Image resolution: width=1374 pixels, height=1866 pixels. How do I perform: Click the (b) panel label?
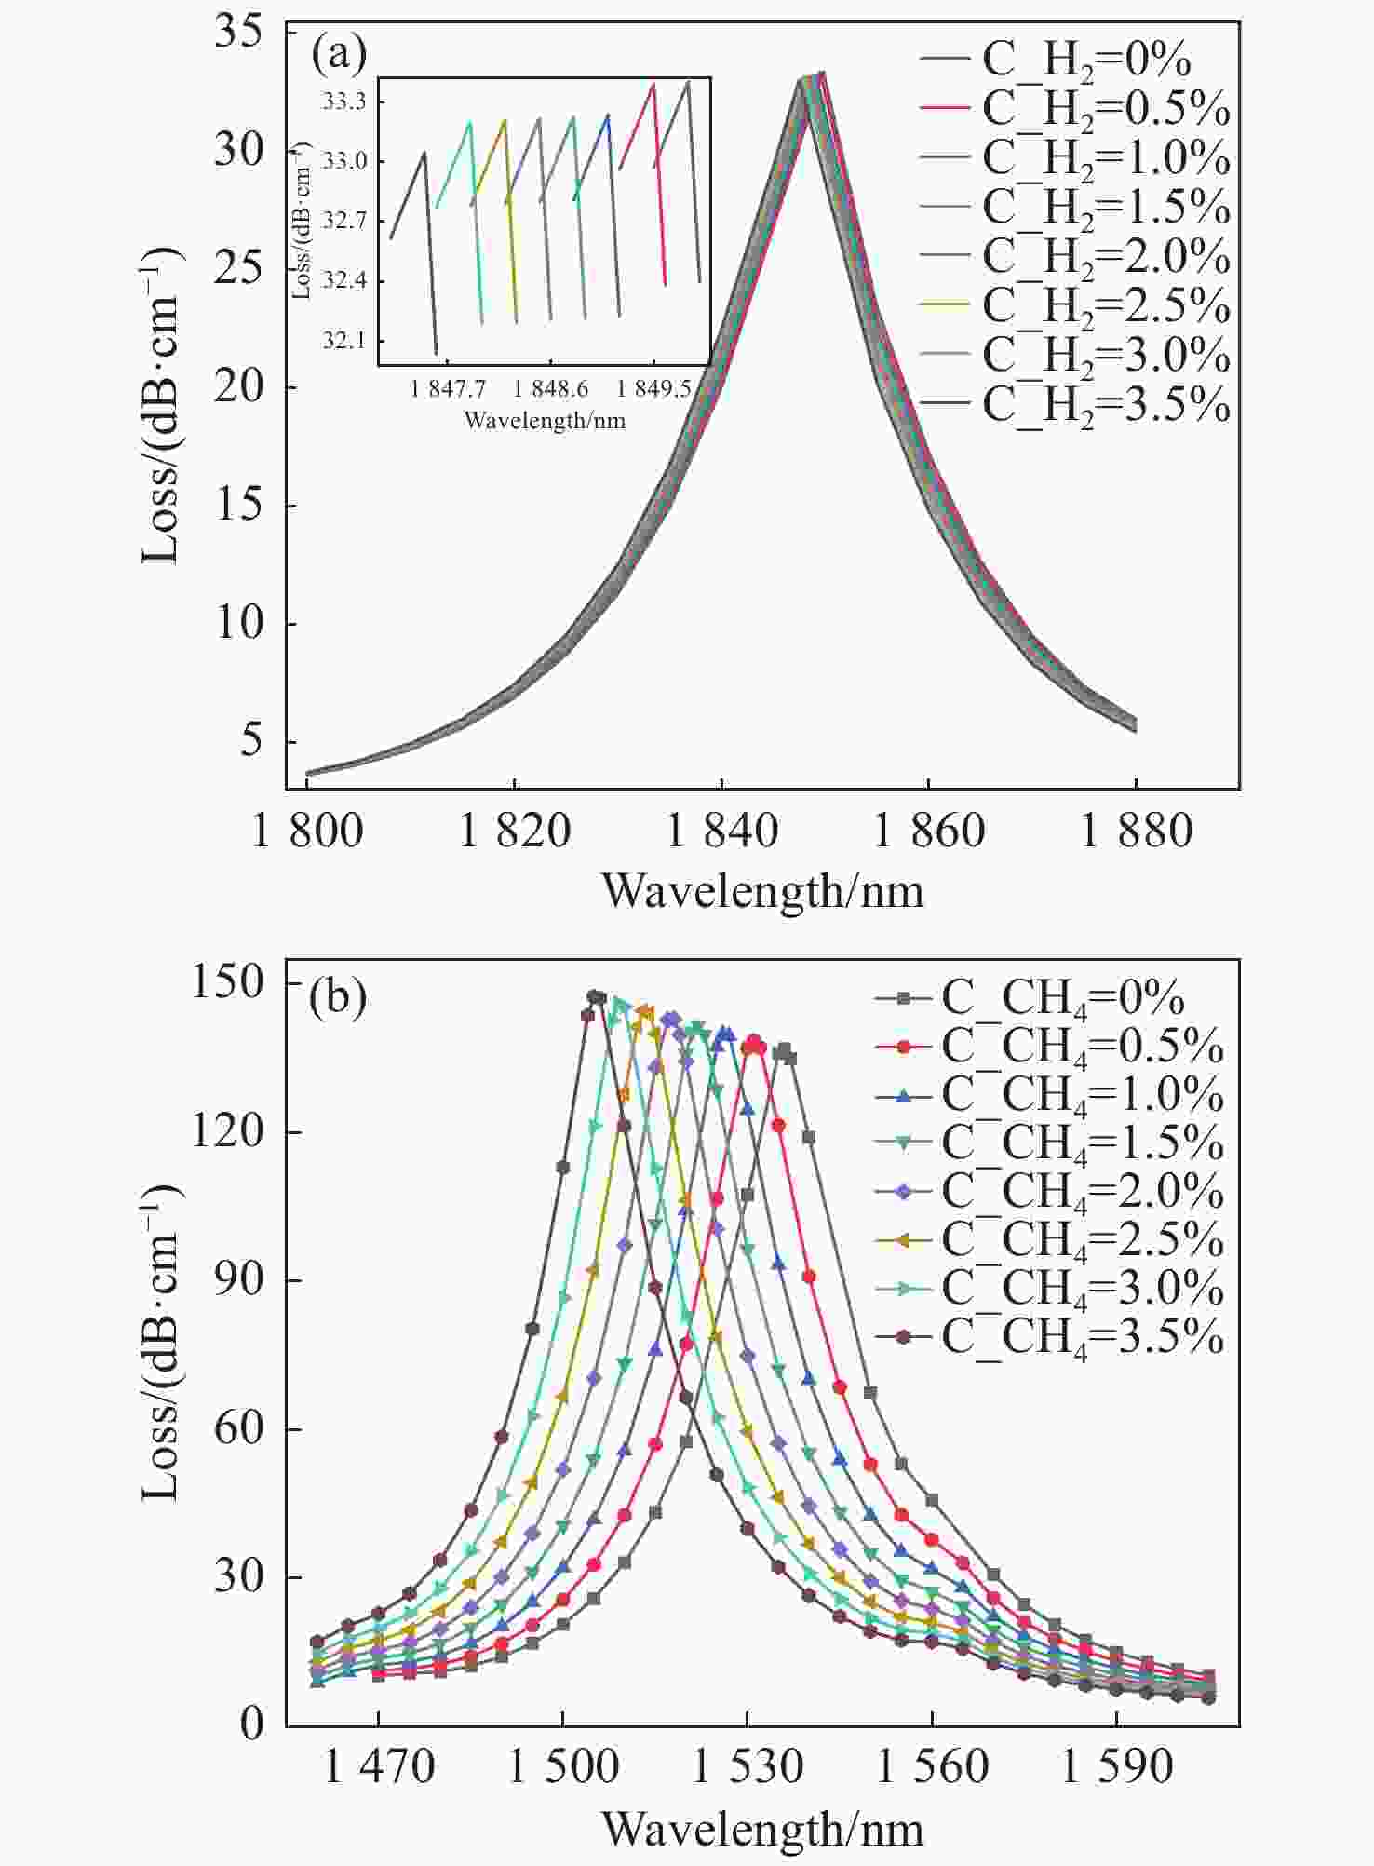[338, 997]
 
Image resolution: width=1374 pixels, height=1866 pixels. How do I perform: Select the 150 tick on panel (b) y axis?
[227, 983]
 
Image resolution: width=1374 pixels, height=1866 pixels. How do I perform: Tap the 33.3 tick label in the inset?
[344, 101]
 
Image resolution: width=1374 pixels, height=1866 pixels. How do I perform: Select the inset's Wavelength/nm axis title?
[545, 421]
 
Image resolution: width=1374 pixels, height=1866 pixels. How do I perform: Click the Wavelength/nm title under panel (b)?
[762, 1831]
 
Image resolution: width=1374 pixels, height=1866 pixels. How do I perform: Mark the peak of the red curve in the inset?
[653, 85]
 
